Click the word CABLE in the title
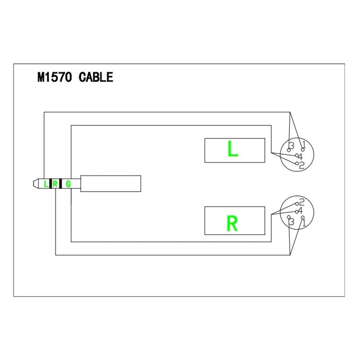96,77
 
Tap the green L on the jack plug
45,184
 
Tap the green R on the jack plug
55,184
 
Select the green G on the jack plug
68,184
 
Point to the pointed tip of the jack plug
34,184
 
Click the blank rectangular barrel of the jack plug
111,184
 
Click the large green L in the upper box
233,150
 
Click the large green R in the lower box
233,223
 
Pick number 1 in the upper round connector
304,145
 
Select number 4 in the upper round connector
300,156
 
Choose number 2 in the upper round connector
302,165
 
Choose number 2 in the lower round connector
302,202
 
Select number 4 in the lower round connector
300,211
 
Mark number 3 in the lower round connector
292,222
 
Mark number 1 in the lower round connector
304,222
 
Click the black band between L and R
50,184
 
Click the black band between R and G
60,184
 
